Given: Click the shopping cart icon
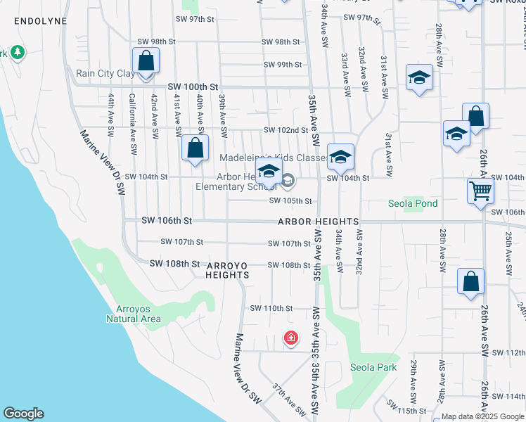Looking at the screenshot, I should coord(480,190).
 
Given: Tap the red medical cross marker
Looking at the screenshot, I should coord(290,339).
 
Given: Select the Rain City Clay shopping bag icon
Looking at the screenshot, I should coord(145,61).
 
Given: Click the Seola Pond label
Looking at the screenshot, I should coord(413,204).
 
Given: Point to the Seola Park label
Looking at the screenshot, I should coord(373,367).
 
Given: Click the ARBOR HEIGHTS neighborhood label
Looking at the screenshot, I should coord(319,222).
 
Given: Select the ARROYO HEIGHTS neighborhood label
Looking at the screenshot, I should coord(227,269).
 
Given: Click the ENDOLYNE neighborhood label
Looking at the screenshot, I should coord(40,21).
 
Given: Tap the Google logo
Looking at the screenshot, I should coord(23,414).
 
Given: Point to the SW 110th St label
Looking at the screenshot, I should coord(271,308).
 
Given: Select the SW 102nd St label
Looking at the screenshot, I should coord(286,130).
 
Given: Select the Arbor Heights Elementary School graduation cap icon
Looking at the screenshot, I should coord(269,171).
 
